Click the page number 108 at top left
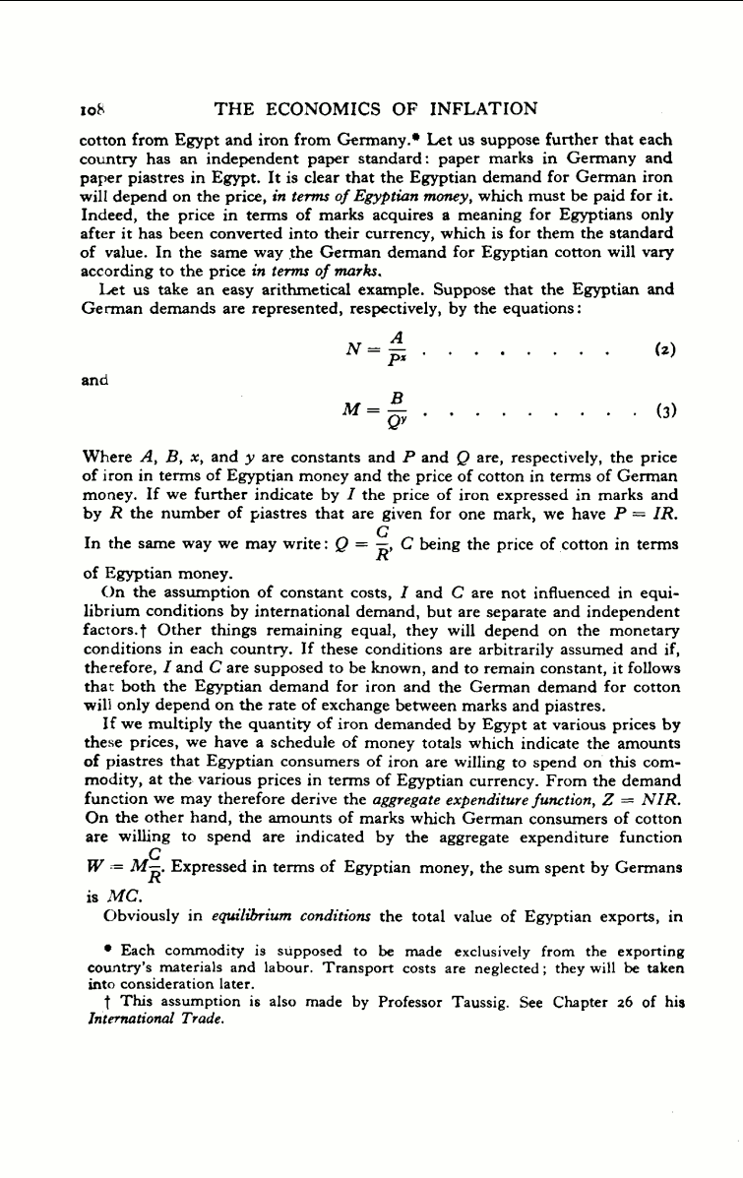[91, 109]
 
